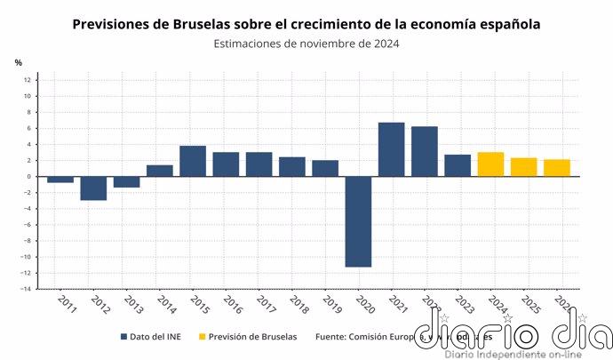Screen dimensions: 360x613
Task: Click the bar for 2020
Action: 358,221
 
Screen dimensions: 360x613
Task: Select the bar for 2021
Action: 391,149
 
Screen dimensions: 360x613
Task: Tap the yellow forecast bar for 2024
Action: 490,164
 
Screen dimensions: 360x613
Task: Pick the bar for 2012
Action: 93,188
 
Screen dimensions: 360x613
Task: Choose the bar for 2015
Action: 193,161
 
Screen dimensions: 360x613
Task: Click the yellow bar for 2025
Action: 523,167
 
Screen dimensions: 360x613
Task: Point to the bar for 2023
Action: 458,165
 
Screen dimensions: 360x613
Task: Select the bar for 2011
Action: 60,179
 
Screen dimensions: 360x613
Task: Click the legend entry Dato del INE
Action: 155,337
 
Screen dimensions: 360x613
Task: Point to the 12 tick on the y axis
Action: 28,80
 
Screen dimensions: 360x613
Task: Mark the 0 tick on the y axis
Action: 29,176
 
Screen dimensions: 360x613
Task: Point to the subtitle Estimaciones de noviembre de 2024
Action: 306,44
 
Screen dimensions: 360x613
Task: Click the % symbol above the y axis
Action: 18,62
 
